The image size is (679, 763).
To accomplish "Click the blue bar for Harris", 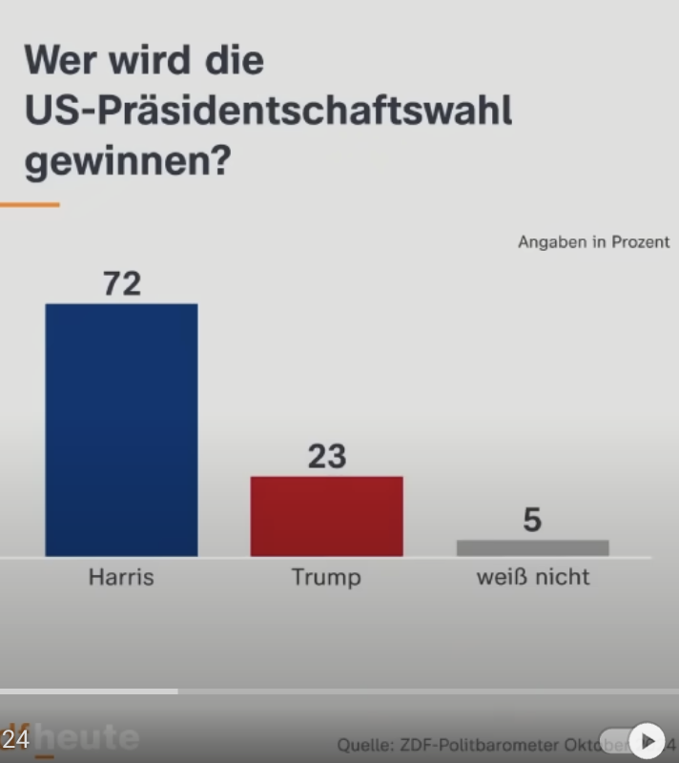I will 121,429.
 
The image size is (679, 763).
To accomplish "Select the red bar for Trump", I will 326,516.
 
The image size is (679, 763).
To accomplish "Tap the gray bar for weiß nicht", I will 532,547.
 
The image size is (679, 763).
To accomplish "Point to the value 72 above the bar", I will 121,283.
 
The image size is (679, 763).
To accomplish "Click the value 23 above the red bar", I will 326,457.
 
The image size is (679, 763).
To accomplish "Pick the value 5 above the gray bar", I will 532,520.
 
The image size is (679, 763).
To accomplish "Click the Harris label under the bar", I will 121,577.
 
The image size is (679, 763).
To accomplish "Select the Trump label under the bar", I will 326,577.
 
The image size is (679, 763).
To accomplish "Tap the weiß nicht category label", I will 532,577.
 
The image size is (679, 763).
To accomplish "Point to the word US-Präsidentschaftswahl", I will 268,112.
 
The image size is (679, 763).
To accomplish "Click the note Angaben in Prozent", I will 593,242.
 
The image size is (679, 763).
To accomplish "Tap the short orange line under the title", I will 29,204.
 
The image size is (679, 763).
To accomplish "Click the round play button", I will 648,739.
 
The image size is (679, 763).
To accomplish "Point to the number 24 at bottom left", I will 15,739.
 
